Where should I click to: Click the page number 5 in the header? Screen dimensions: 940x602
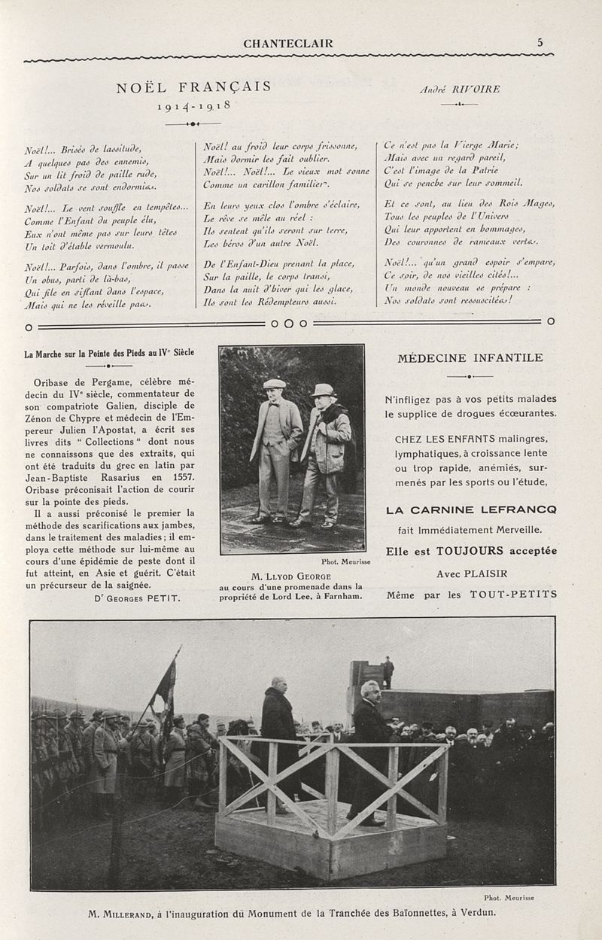pos(540,43)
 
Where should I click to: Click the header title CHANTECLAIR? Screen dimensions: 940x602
pos(288,44)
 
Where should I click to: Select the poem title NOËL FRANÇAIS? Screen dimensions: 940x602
pos(193,87)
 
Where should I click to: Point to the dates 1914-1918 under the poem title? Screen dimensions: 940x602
pos(193,106)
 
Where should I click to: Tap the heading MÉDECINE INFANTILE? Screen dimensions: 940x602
pos(470,358)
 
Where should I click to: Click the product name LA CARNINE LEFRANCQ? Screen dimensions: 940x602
pos(471,510)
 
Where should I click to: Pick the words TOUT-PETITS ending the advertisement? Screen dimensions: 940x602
pos(513,594)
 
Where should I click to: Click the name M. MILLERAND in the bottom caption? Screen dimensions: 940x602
pos(120,914)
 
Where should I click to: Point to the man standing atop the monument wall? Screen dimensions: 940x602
pos(388,672)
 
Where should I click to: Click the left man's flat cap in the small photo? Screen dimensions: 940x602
pos(275,384)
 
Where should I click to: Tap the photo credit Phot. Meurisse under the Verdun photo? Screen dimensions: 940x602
pos(508,897)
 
